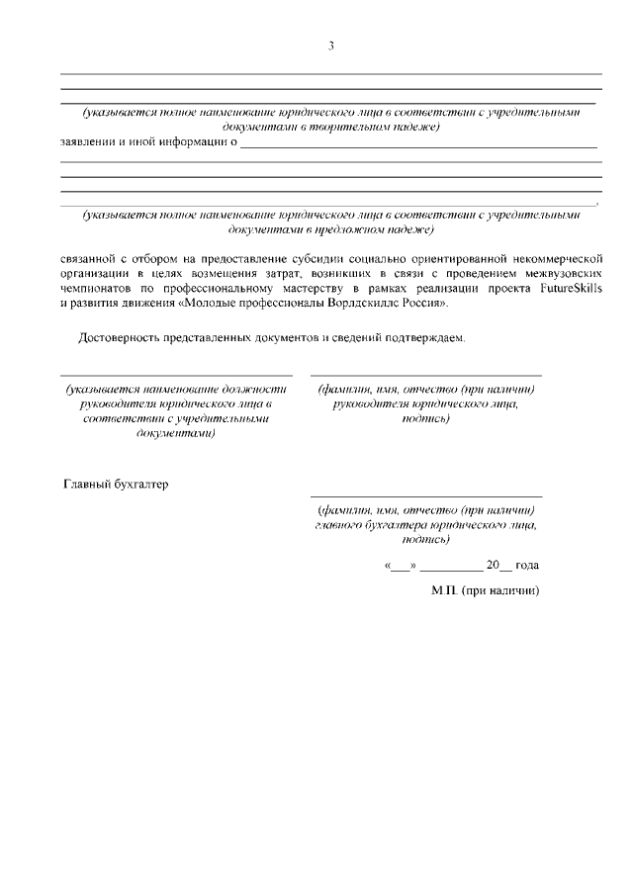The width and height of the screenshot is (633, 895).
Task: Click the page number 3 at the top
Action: click(x=331, y=46)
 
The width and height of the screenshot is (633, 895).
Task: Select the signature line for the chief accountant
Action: click(x=425, y=495)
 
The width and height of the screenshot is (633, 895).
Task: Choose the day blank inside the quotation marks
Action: click(x=400, y=567)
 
